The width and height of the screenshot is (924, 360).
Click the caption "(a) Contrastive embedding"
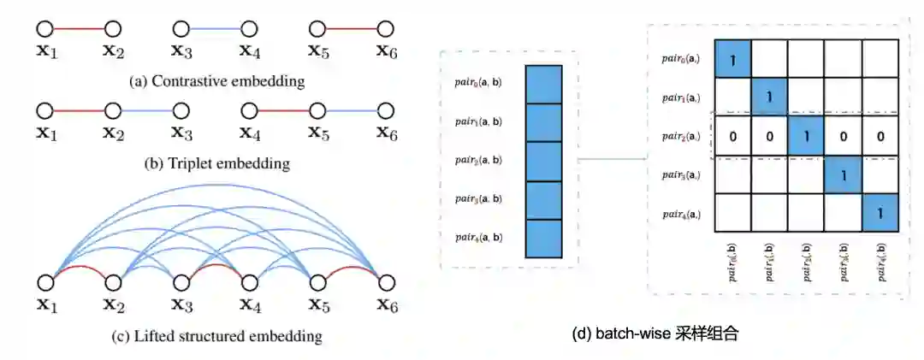(216, 82)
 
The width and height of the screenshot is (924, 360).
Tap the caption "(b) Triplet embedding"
(216, 162)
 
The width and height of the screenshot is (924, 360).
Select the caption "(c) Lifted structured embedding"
(217, 336)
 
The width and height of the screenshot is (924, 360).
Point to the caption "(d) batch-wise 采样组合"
(654, 333)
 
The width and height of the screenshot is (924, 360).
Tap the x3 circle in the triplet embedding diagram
(180, 110)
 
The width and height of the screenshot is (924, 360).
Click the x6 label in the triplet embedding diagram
(387, 134)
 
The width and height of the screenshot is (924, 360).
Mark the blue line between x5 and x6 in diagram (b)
(352, 110)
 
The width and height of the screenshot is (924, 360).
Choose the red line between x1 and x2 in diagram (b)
(79, 110)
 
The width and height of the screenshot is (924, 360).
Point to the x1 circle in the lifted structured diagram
(44, 282)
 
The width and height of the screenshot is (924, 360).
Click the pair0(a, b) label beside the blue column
(478, 84)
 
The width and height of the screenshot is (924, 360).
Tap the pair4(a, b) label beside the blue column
(478, 237)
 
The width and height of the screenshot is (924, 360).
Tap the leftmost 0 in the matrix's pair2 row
(733, 136)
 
